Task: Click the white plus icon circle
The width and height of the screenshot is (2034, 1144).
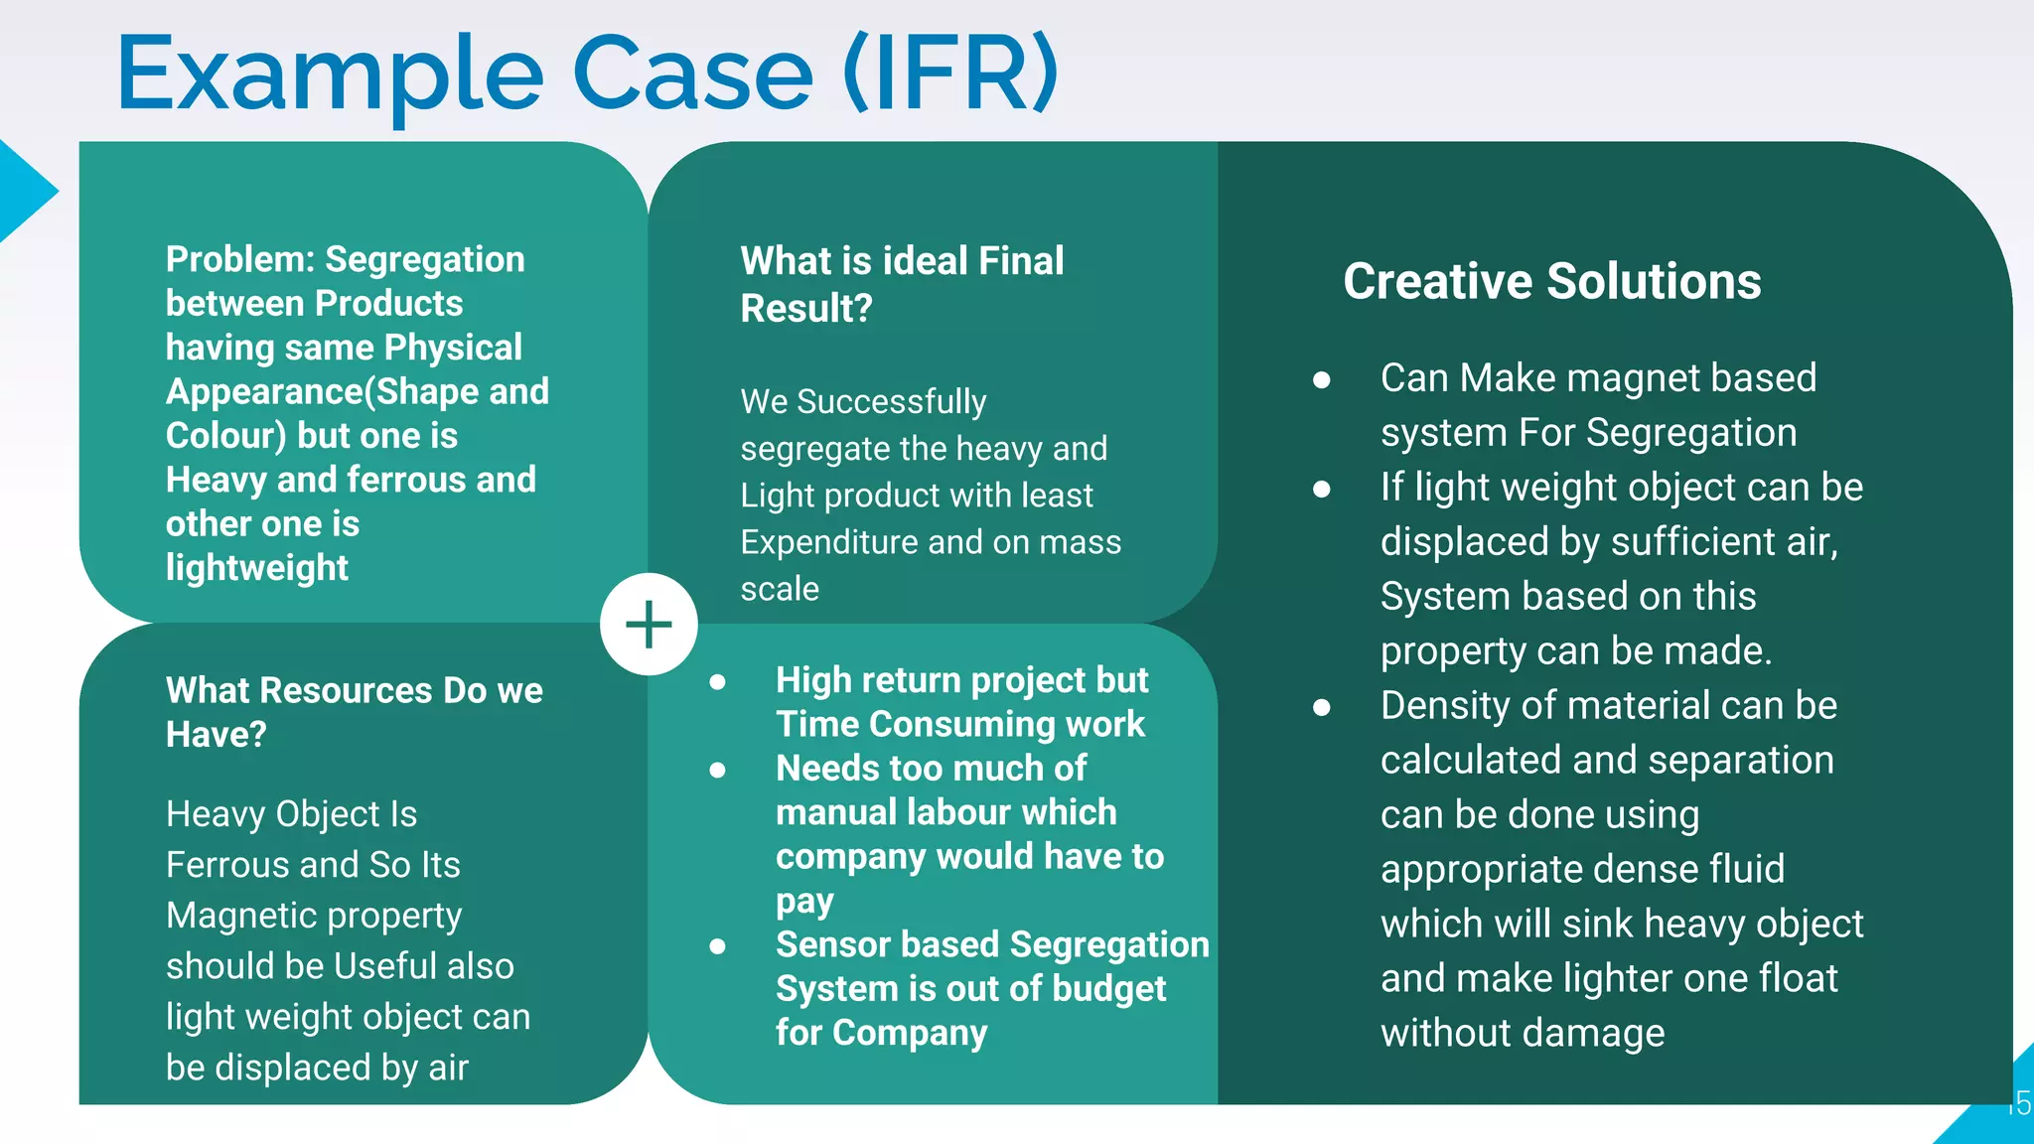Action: tap(649, 624)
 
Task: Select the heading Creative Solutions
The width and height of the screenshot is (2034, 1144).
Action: tap(1551, 281)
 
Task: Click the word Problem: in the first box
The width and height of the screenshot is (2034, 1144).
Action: tap(239, 259)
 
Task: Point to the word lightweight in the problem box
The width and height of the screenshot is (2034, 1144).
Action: tap(256, 568)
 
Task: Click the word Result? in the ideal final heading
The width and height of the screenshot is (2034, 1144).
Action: tap(805, 309)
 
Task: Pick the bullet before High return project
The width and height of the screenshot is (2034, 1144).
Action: tap(717, 681)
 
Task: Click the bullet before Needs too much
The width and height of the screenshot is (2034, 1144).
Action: tap(717, 770)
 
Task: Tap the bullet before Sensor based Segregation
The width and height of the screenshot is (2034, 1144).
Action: tap(717, 946)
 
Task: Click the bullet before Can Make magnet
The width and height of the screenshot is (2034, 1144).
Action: tap(1321, 379)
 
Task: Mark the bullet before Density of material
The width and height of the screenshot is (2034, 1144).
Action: tap(1321, 707)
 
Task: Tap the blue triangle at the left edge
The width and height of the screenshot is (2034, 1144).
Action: tap(24, 192)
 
